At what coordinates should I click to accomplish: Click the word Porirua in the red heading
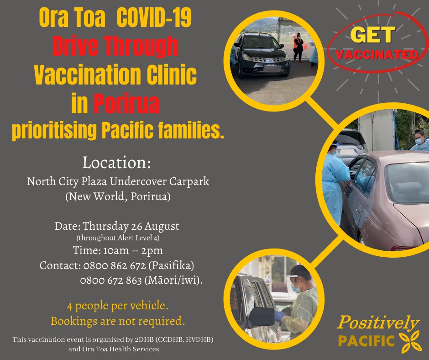point(127,104)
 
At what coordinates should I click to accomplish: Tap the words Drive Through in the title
point(115,46)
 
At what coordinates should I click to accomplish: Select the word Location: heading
point(116,163)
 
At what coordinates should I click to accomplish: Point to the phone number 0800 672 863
point(111,281)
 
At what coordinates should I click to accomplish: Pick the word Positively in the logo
point(377,323)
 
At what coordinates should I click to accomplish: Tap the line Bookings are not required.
point(118,321)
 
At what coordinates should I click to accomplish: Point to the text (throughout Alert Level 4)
point(118,238)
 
